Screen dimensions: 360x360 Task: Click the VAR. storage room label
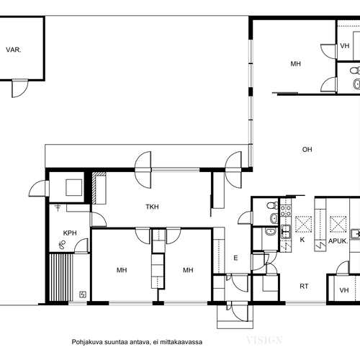point(14,50)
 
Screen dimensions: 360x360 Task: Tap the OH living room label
point(307,150)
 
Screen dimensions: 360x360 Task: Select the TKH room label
point(152,207)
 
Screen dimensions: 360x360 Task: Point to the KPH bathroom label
point(70,233)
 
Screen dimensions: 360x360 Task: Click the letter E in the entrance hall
point(235,258)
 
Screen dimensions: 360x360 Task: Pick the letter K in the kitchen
point(302,240)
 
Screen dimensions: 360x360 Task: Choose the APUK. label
point(338,241)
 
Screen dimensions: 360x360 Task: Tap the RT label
point(304,286)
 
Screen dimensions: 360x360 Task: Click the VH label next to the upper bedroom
point(345,45)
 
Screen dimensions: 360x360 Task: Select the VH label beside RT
point(344,290)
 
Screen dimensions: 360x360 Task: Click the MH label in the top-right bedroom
point(296,63)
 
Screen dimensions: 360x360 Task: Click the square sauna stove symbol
point(74,187)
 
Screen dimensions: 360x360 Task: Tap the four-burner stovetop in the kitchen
point(286,211)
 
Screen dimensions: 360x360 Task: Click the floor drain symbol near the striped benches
point(83,294)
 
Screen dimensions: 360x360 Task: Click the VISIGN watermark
point(264,340)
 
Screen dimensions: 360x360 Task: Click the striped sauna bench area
point(61,277)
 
